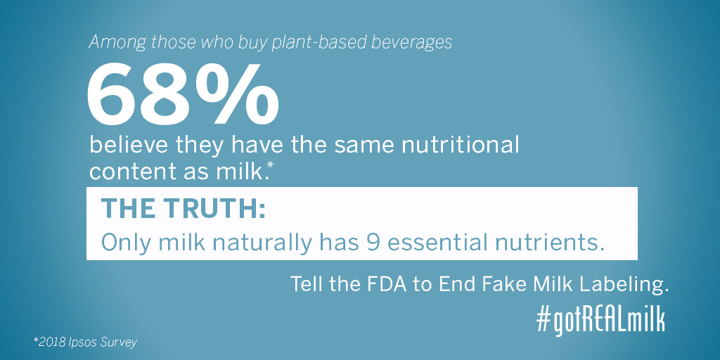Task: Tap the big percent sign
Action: coord(237,94)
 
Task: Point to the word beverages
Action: coord(412,42)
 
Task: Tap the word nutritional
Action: coord(461,146)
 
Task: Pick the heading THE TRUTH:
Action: coord(184,209)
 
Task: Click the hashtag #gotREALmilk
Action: coord(600,320)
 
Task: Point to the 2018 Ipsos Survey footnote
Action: coord(85,342)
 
